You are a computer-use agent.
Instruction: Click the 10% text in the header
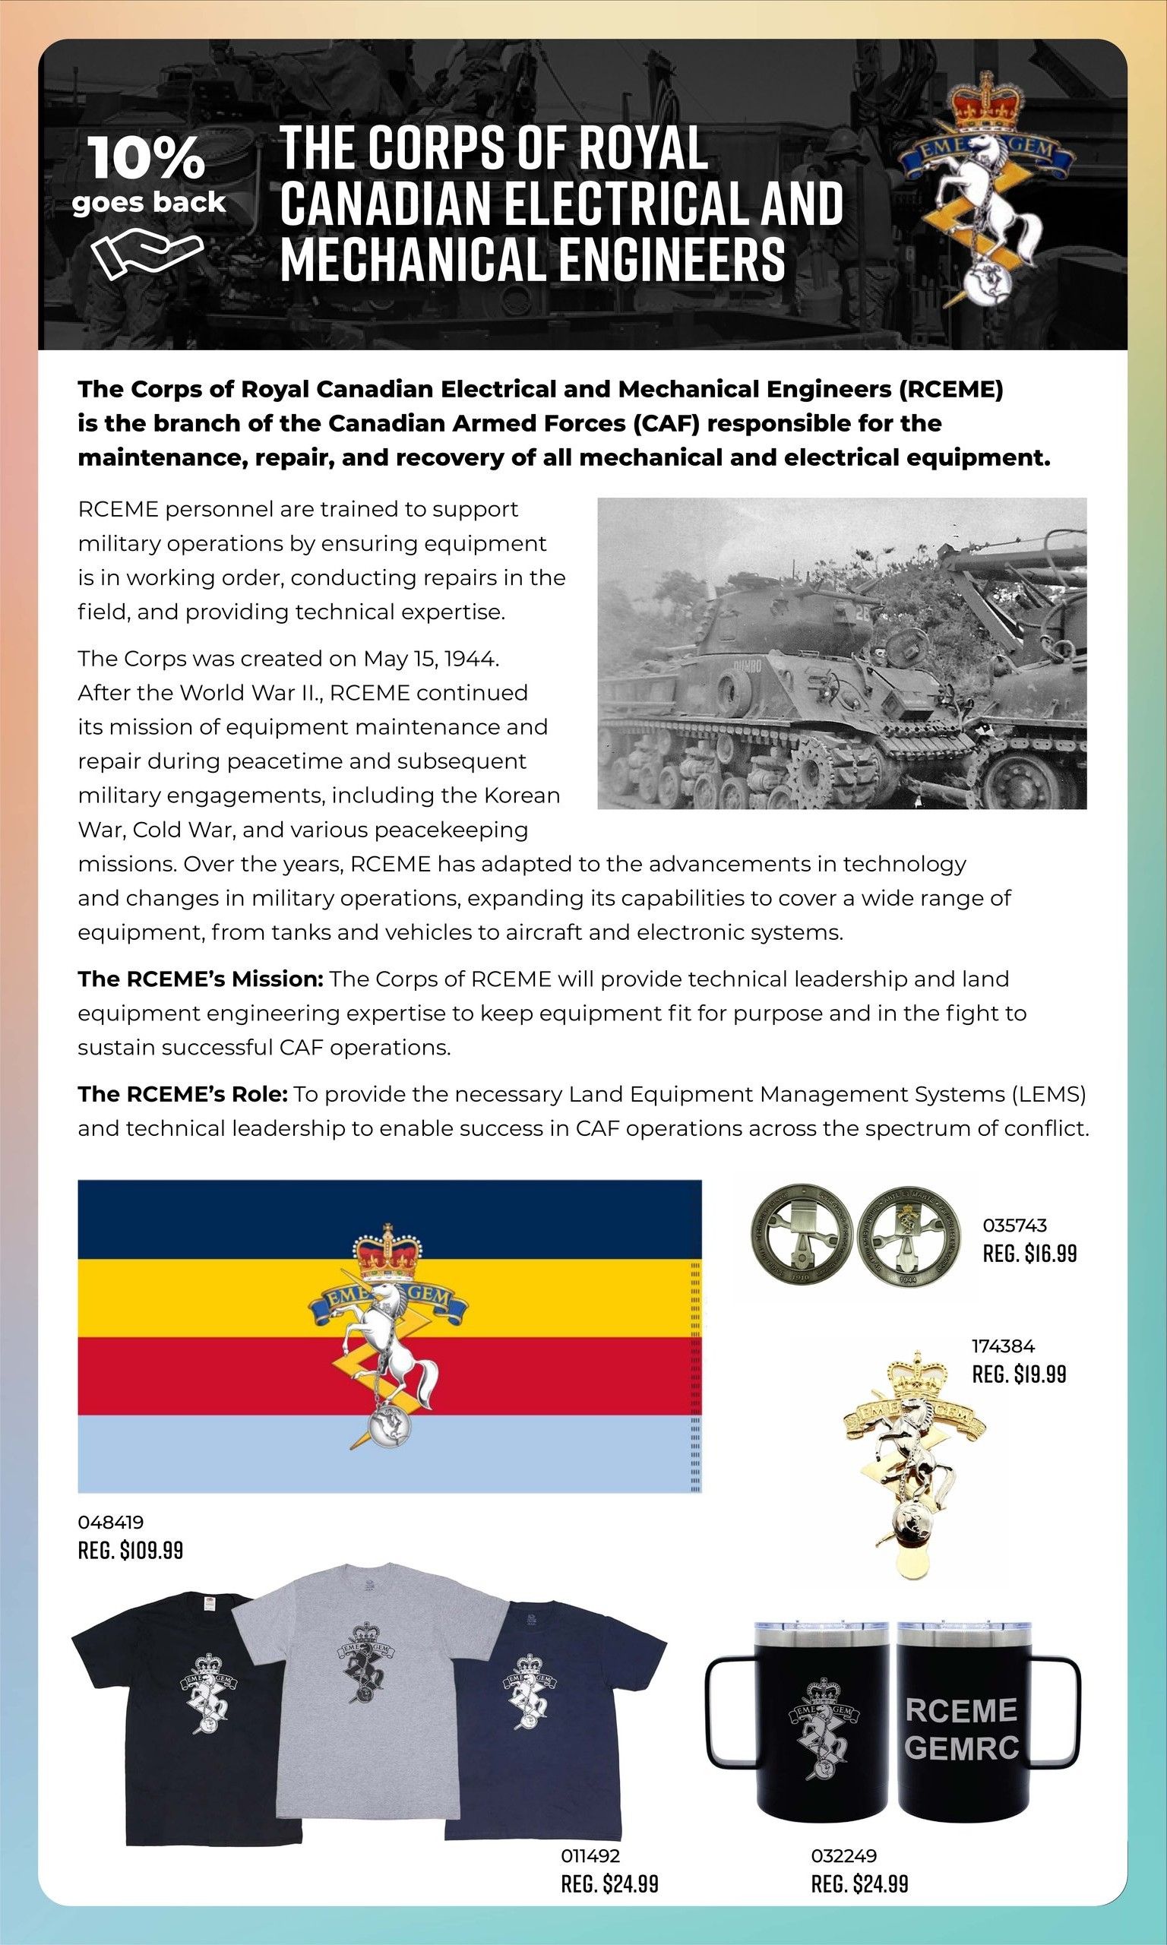[147, 157]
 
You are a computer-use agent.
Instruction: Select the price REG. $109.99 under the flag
[131, 1551]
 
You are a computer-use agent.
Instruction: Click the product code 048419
[111, 1522]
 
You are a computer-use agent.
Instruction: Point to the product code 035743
[1015, 1225]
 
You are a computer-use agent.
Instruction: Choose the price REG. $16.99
[1029, 1253]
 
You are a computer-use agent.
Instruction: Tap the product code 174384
[1004, 1346]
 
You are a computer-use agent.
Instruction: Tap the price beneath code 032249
[859, 1883]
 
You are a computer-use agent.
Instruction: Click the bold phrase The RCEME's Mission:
[201, 979]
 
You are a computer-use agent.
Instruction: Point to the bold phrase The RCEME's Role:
[183, 1093]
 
